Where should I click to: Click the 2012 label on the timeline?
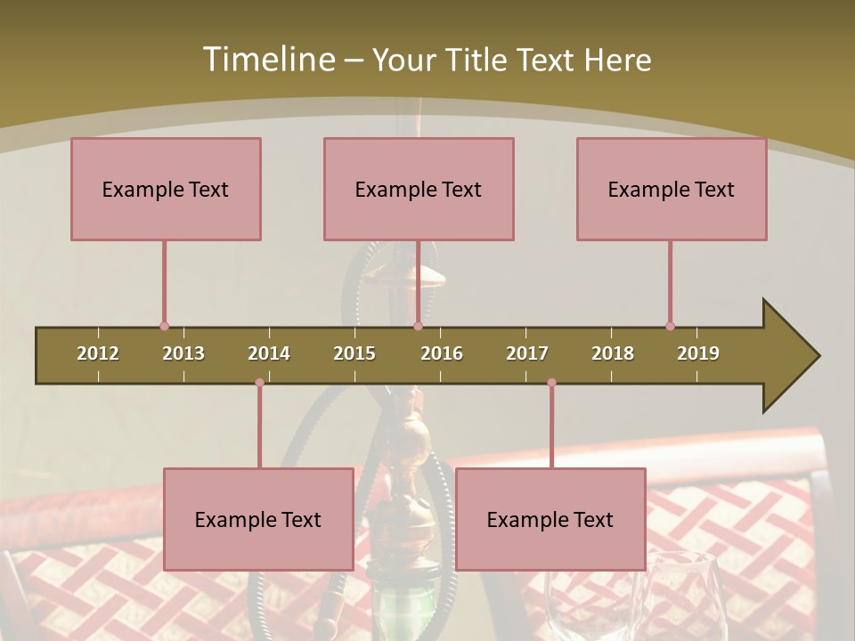tap(98, 353)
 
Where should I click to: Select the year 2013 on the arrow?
tap(183, 353)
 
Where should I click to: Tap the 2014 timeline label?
tap(269, 353)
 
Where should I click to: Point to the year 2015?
tap(354, 353)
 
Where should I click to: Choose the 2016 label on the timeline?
tap(442, 353)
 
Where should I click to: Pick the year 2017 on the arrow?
tap(527, 353)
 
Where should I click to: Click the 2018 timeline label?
tap(613, 353)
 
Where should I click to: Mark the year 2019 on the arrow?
tap(698, 353)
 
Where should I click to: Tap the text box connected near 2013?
tap(166, 189)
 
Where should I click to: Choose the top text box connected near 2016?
tap(419, 189)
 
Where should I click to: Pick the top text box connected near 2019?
tap(672, 189)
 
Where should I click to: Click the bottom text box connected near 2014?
tap(258, 519)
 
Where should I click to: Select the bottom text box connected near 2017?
tap(550, 519)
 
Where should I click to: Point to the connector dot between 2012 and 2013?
tap(164, 327)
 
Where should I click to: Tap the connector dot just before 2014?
tap(259, 383)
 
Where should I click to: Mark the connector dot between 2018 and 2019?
tap(670, 327)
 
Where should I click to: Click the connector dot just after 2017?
tap(551, 383)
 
